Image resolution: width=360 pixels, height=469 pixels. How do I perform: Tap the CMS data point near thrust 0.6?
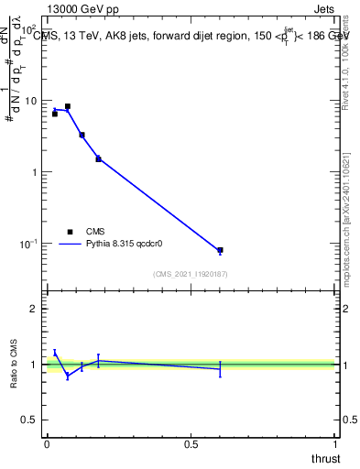[220, 250]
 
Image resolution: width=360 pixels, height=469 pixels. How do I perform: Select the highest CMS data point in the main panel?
[67, 106]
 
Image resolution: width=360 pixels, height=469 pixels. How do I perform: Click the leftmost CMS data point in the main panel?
[55, 114]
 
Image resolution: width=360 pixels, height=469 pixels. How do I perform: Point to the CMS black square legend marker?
[70, 232]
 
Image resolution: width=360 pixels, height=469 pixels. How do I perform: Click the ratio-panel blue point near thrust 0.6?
[220, 368]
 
